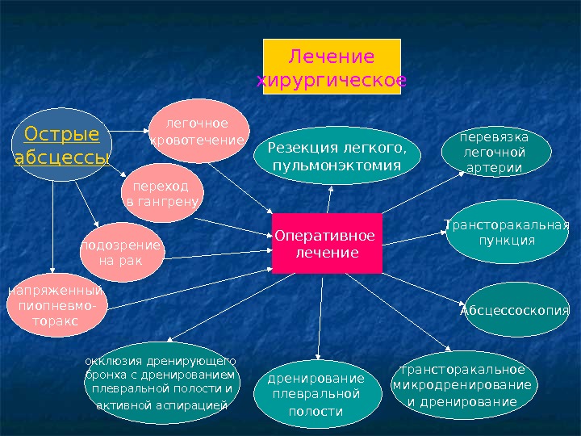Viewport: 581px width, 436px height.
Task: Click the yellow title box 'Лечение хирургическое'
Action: [x=332, y=67]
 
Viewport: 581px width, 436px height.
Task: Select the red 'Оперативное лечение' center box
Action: [x=326, y=244]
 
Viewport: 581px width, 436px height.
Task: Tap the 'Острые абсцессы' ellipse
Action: [x=61, y=145]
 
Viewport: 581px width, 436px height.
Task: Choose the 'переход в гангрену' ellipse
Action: [x=164, y=192]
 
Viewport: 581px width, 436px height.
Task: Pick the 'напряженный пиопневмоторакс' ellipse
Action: [x=56, y=307]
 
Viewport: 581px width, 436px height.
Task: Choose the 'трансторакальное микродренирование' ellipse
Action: [x=462, y=386]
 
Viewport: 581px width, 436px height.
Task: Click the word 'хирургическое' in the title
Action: [x=332, y=80]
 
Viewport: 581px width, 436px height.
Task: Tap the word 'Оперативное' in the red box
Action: [x=325, y=236]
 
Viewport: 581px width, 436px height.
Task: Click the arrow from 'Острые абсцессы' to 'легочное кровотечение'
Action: [x=129, y=131]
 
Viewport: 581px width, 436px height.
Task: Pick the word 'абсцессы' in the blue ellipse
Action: [x=61, y=156]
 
